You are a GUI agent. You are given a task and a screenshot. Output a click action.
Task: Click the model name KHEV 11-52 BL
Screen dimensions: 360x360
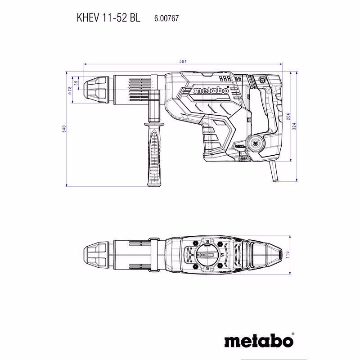[108, 18]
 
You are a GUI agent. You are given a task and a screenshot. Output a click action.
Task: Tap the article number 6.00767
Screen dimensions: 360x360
[166, 18]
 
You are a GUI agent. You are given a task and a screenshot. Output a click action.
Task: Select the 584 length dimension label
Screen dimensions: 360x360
[183, 61]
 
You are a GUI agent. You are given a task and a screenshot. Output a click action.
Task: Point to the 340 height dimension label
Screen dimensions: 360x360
[64, 129]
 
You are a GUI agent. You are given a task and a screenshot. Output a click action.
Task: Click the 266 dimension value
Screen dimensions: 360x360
[288, 117]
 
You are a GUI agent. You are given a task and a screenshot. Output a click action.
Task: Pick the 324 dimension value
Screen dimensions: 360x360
[294, 126]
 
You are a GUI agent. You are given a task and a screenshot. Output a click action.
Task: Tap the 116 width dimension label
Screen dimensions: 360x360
[287, 255]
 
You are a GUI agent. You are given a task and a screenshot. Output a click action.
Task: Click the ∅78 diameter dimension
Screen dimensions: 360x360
[70, 90]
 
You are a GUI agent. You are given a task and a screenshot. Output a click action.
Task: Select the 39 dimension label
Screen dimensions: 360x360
[76, 83]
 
